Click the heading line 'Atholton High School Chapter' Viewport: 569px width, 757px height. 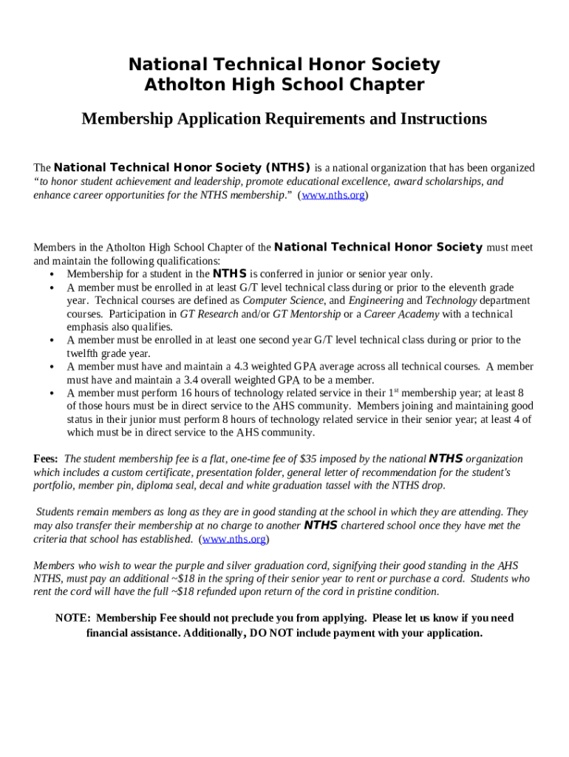[x=284, y=85]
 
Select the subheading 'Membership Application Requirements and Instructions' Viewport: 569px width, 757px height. [x=284, y=119]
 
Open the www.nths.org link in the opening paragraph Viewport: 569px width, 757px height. [x=333, y=196]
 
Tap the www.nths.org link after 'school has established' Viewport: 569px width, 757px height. [x=234, y=539]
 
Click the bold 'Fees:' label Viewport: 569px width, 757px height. [x=47, y=459]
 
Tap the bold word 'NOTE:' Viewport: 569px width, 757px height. [x=73, y=618]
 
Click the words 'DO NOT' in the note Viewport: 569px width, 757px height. [x=273, y=634]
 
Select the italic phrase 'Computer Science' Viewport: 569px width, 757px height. [x=283, y=301]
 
